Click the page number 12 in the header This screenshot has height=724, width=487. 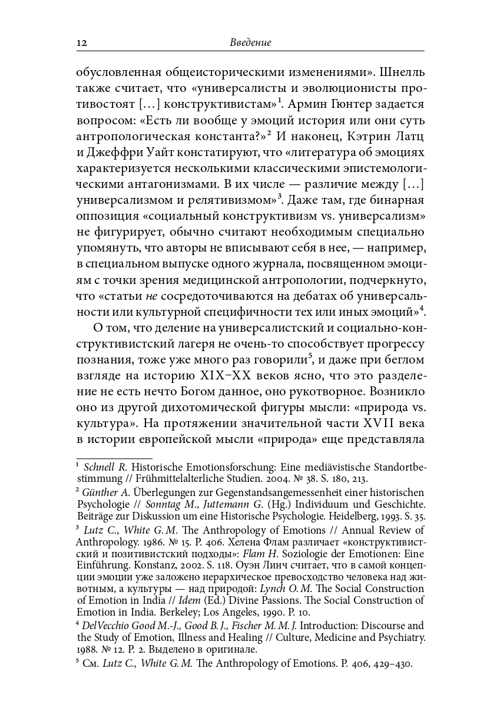coord(82,43)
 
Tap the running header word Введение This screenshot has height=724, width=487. coord(250,43)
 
